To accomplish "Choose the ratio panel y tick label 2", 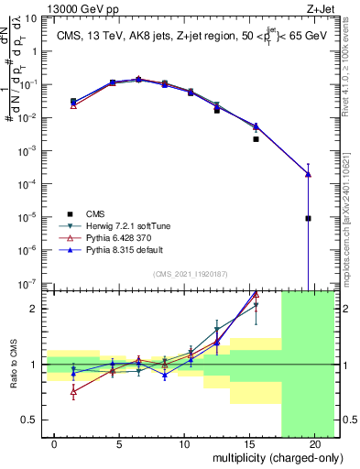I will [x=34, y=309].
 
